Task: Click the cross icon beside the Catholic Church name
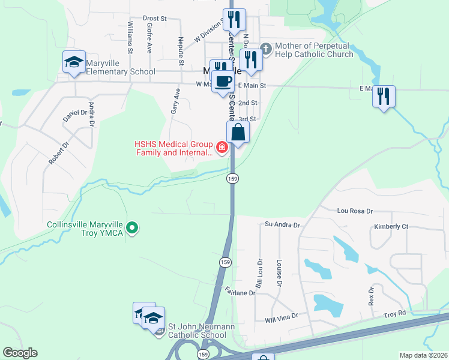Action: click(x=267, y=47)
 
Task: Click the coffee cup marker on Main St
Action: click(x=223, y=81)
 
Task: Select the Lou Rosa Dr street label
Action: click(x=355, y=211)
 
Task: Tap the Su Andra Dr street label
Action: click(x=282, y=224)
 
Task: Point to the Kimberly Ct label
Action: click(x=391, y=227)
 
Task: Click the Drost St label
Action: click(x=154, y=19)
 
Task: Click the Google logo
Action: click(x=20, y=353)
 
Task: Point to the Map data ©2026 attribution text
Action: click(x=424, y=355)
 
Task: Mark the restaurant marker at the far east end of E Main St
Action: click(x=384, y=96)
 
